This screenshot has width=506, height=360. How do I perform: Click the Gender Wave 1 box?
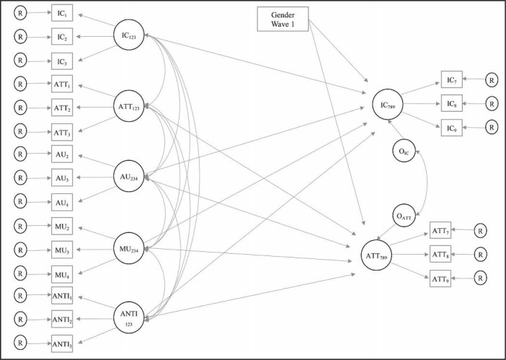(283, 19)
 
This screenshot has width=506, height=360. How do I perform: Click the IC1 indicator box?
(61, 14)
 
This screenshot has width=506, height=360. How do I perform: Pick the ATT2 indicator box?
(61, 107)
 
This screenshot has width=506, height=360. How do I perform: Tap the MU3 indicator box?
(61, 249)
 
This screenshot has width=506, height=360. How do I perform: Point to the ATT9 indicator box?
(440, 278)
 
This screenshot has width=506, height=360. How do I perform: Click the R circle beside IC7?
(491, 79)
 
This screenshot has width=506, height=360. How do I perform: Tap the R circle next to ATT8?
(481, 254)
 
